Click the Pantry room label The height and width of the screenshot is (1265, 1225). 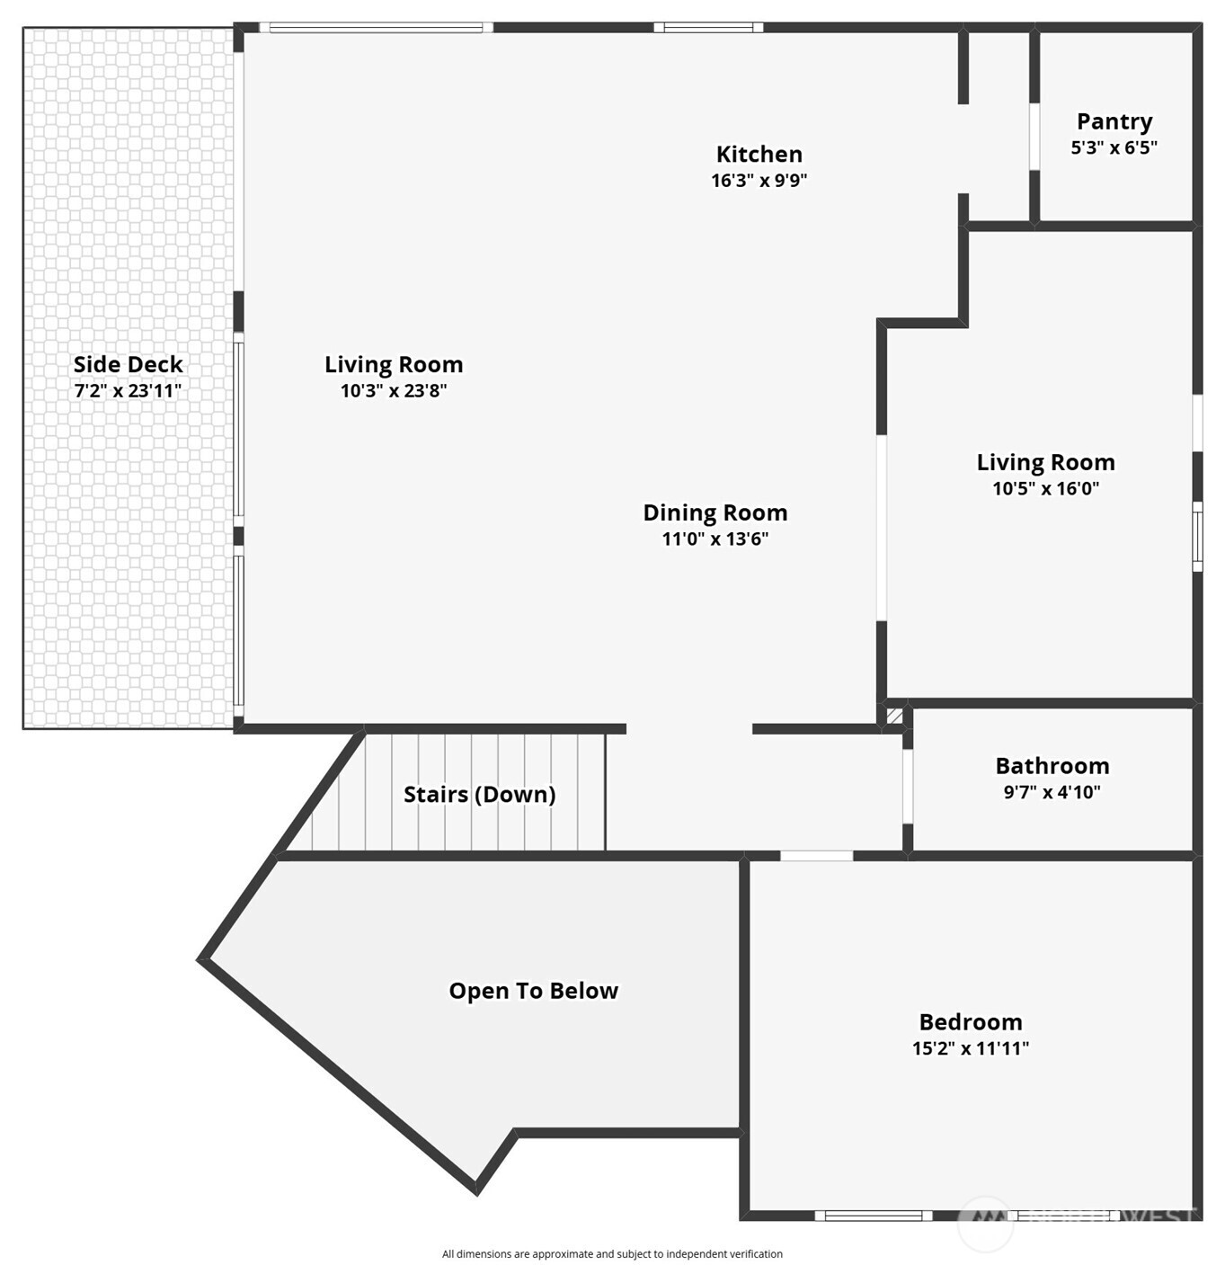[1114, 121]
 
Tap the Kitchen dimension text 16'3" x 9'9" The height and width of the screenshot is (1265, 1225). [759, 180]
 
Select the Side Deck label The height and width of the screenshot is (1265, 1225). [128, 364]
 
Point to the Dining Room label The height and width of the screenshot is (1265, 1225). [715, 512]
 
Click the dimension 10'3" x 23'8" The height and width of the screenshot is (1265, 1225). [393, 390]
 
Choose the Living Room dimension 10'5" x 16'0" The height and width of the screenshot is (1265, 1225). [1045, 488]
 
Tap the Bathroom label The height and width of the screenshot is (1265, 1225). [1052, 766]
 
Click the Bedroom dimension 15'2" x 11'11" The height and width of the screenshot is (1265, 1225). [970, 1047]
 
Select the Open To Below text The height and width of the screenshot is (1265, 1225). [533, 991]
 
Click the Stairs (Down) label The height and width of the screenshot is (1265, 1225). [479, 795]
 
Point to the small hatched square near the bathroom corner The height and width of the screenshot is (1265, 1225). [895, 717]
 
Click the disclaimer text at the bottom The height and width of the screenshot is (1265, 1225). [612, 1253]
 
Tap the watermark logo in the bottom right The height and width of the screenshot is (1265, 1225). [986, 1222]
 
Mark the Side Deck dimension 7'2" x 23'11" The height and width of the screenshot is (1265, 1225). [128, 390]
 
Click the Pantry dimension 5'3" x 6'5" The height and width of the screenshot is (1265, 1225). [1114, 147]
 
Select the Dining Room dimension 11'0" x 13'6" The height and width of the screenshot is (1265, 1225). [715, 539]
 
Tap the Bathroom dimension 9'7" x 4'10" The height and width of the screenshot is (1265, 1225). [1052, 792]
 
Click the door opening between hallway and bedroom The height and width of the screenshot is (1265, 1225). [816, 856]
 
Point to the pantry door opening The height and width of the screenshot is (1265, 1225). [1034, 137]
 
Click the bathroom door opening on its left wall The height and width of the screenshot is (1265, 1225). [908, 786]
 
